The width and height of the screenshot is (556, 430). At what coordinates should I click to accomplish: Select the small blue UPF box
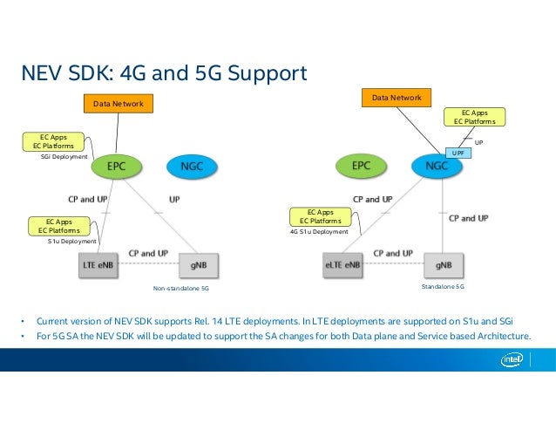pyautogui.click(x=459, y=153)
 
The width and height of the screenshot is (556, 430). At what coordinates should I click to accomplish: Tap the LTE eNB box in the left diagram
pyautogui.click(x=97, y=264)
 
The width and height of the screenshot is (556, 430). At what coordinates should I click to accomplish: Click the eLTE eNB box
pyautogui.click(x=342, y=264)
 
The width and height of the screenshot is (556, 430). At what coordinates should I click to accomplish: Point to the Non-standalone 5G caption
pyautogui.click(x=180, y=287)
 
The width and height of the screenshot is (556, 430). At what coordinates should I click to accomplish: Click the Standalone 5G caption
pyautogui.click(x=443, y=285)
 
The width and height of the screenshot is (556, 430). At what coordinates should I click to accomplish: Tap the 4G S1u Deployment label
pyautogui.click(x=319, y=232)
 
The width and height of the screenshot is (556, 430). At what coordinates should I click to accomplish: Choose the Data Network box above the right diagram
pyautogui.click(x=397, y=99)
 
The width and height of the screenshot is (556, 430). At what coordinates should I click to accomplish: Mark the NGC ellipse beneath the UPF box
pyautogui.click(x=431, y=166)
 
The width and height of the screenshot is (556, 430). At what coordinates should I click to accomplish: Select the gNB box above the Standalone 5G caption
pyautogui.click(x=443, y=264)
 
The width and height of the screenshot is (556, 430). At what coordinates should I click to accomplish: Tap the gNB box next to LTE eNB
pyautogui.click(x=198, y=264)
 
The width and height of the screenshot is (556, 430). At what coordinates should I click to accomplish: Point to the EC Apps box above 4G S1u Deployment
pyautogui.click(x=320, y=216)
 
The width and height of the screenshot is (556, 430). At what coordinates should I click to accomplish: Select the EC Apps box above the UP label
pyautogui.click(x=473, y=118)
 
